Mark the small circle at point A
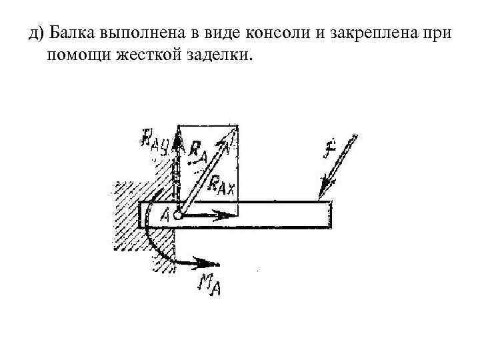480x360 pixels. pos(178,215)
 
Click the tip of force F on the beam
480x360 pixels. pos(320,199)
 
